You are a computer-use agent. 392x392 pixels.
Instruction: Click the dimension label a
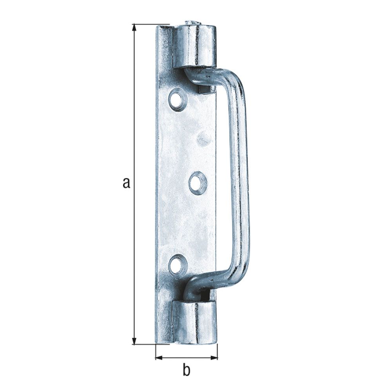(127, 183)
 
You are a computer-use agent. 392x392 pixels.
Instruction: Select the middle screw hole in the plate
(198, 182)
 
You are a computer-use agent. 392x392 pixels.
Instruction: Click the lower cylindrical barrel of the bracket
(194, 322)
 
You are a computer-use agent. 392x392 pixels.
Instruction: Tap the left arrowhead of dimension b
(160, 358)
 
